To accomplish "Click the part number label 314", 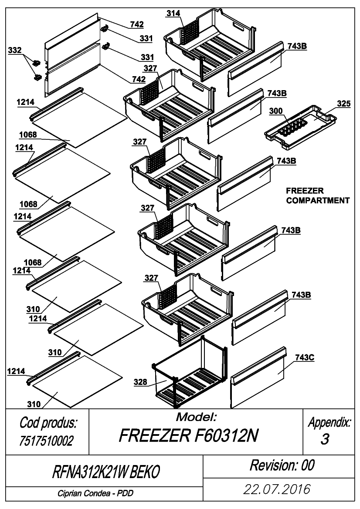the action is (x=173, y=13).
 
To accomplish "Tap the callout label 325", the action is (x=344, y=104).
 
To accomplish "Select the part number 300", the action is (x=276, y=111).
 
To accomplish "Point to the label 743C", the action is (x=305, y=357).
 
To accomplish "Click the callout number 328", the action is (x=140, y=382).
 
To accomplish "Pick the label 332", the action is (x=15, y=50).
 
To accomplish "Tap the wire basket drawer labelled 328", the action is (x=190, y=373).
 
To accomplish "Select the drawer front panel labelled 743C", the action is (x=258, y=377).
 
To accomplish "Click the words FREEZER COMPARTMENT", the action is (x=318, y=196).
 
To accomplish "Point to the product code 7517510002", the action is (x=47, y=441).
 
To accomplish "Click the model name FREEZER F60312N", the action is (x=188, y=435).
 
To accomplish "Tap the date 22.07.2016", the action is (x=277, y=489).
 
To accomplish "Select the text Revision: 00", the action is (x=282, y=465).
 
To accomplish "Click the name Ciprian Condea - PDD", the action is (x=95, y=493).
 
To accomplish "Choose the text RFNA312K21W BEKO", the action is (x=106, y=472).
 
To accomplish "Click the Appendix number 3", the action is (x=325, y=439).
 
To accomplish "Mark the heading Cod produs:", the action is (x=48, y=423).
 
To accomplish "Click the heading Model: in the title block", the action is (x=196, y=417).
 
